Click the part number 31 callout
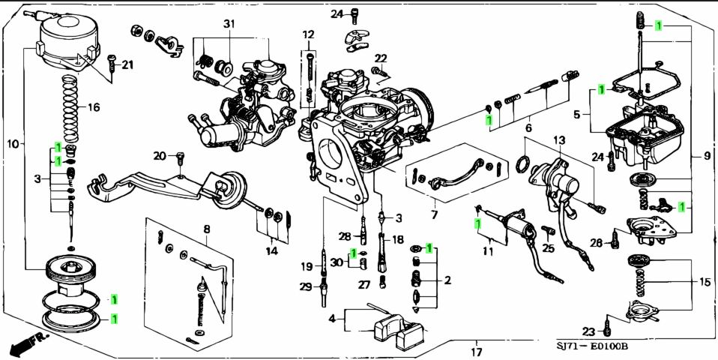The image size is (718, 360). coord(229,24)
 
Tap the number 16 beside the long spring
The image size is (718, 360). coord(93,107)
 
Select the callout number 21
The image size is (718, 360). coord(127,64)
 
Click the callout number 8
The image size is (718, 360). coord(206,228)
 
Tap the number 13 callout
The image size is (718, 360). coord(559,140)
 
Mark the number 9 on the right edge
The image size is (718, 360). coord(706,156)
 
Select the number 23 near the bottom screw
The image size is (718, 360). coord(588,331)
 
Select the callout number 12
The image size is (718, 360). coord(309,35)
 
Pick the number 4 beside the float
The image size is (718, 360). coord(331,319)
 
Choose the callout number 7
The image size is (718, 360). coord(434,215)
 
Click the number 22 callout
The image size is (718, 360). coord(381,58)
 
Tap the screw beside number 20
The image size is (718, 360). coord(180,159)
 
